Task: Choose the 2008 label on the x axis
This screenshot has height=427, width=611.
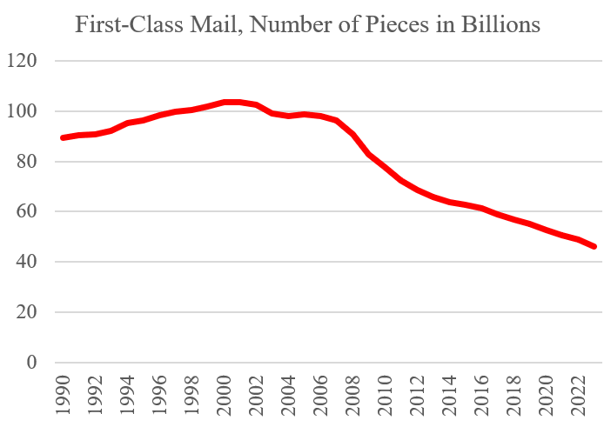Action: pos(353,396)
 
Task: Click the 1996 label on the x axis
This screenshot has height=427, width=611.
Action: pos(160,396)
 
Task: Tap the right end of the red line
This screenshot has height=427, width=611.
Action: pos(594,247)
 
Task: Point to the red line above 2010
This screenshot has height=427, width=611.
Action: pos(385,167)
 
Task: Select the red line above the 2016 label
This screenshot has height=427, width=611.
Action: pos(483,209)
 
